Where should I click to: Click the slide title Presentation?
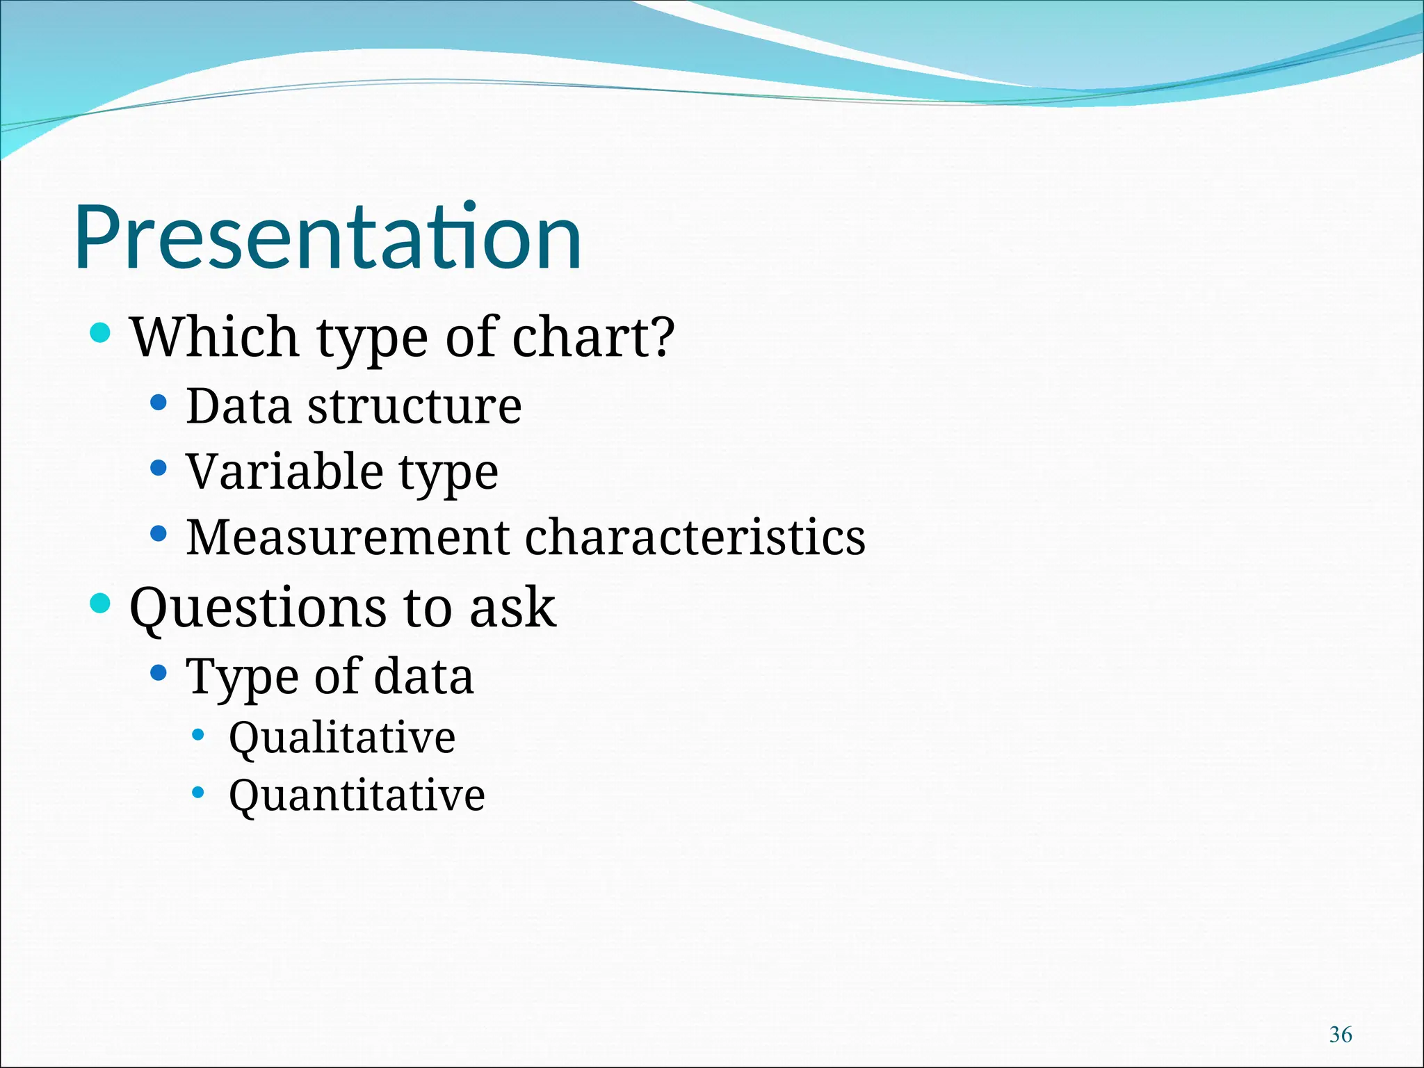click(x=327, y=238)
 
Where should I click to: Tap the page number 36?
click(x=1340, y=1035)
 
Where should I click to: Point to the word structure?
click(x=414, y=406)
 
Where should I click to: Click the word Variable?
click(x=284, y=471)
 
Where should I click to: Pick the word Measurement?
click(x=348, y=537)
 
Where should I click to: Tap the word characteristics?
click(x=695, y=537)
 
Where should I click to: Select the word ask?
click(x=512, y=608)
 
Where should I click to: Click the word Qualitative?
click(x=342, y=738)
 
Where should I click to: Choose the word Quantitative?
click(x=357, y=795)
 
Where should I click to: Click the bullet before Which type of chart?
click(x=101, y=332)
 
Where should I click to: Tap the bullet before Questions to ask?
click(x=101, y=603)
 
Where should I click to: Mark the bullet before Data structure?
click(x=159, y=402)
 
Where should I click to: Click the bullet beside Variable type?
click(x=159, y=468)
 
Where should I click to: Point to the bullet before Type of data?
click(x=159, y=672)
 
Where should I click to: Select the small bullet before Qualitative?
click(x=198, y=734)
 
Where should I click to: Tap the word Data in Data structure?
click(x=238, y=406)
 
